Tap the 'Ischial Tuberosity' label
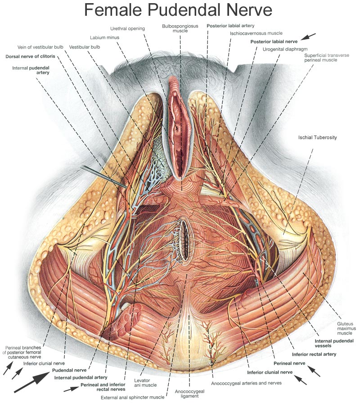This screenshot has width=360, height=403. tap(317, 137)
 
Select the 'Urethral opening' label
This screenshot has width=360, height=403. tap(128, 28)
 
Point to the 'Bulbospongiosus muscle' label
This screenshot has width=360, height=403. tap(180, 29)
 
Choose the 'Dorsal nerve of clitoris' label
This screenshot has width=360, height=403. tap(30, 57)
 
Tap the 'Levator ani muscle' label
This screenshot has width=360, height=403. tap(145, 383)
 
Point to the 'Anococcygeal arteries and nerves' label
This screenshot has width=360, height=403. tap(246, 383)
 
